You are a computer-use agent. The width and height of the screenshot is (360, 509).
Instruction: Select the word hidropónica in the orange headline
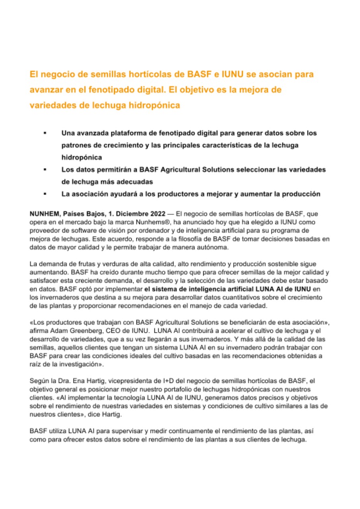(x=155, y=105)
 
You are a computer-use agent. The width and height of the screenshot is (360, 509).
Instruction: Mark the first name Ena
(x=75, y=381)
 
